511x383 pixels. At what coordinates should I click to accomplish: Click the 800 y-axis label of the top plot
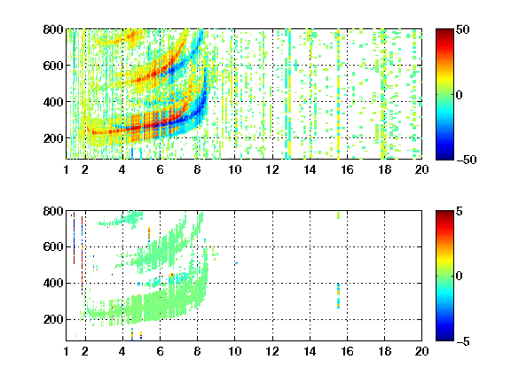(53, 29)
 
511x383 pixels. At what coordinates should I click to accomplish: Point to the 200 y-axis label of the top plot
(53, 138)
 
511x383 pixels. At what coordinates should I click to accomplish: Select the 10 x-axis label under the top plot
(234, 169)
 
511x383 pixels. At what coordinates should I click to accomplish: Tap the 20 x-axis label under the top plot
(421, 169)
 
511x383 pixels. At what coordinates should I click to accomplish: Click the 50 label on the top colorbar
(462, 29)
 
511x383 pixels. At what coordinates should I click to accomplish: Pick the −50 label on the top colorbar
(466, 160)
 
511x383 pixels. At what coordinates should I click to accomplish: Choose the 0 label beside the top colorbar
(460, 95)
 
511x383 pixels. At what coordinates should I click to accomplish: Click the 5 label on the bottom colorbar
(460, 211)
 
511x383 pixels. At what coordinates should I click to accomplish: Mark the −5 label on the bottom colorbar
(463, 341)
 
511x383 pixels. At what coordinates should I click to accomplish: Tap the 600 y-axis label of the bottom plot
(53, 246)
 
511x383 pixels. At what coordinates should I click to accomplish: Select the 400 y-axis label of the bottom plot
(53, 283)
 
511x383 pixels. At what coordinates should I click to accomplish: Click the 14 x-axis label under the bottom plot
(310, 351)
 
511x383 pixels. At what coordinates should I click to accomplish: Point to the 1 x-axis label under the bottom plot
(67, 351)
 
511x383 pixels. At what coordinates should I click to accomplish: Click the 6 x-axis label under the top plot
(160, 169)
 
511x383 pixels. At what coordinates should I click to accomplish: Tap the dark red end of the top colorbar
(444, 31)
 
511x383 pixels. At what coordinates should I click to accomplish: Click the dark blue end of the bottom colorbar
(444, 339)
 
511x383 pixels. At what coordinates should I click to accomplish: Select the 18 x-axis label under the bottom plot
(384, 351)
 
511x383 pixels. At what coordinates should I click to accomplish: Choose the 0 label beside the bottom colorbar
(460, 277)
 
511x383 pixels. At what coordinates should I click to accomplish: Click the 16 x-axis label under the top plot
(347, 169)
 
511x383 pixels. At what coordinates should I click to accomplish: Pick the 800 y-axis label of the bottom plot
(53, 211)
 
